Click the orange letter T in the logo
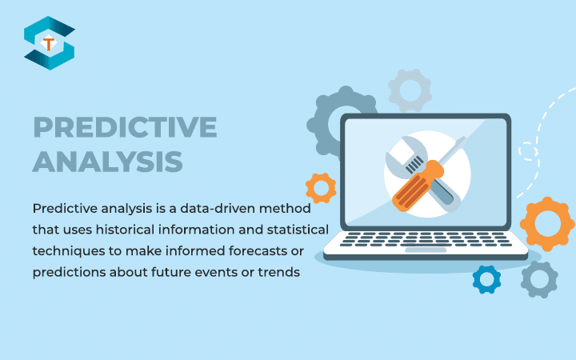point(49,44)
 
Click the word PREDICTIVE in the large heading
point(125,128)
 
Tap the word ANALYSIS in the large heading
point(107,161)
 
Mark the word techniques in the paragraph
point(67,250)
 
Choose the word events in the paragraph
point(219,272)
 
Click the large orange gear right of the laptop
point(548,223)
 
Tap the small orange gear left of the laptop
point(321,187)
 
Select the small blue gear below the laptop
point(486,278)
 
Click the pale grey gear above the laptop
point(410,90)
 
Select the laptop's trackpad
point(425,250)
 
